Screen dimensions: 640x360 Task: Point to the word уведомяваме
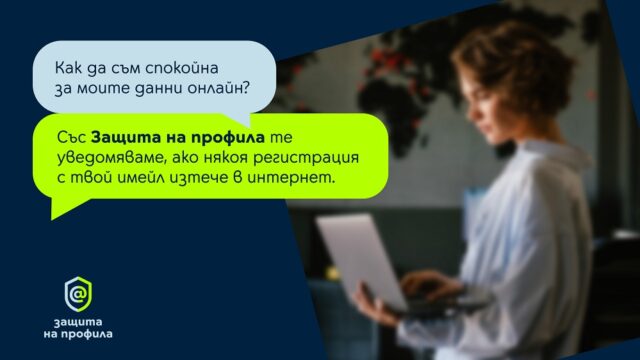[112, 158]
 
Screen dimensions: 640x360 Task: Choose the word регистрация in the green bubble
[306, 158]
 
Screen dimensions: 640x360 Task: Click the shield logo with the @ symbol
[78, 294]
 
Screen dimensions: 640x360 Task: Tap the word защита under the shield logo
[78, 322]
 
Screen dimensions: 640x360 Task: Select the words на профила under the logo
[78, 334]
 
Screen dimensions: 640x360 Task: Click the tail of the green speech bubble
[65, 207]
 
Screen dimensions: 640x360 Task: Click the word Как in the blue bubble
[69, 68]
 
